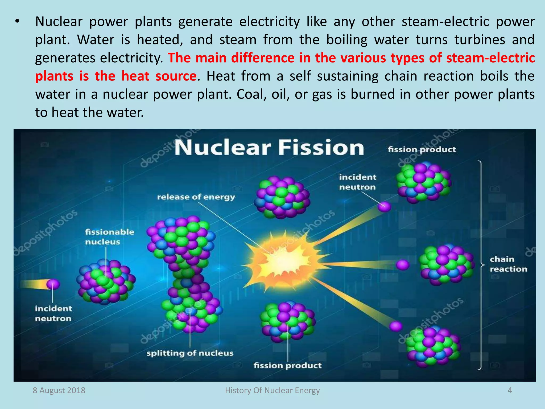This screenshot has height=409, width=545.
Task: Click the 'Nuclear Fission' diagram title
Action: tap(269, 148)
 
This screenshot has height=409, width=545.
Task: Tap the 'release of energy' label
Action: tap(196, 197)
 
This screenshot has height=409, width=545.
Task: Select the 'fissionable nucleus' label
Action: tap(109, 237)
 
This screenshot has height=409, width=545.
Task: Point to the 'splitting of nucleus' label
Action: tap(190, 353)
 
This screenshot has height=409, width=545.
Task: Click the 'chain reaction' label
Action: tap(508, 264)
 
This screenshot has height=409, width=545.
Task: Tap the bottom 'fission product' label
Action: tap(287, 365)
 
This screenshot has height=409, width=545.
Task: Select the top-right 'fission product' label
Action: tap(422, 149)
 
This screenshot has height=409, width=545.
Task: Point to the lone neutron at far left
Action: tap(53, 284)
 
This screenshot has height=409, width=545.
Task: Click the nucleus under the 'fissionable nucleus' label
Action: tap(106, 282)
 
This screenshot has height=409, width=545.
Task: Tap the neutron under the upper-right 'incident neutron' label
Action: tap(384, 206)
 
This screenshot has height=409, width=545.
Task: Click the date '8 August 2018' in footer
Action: tap(59, 390)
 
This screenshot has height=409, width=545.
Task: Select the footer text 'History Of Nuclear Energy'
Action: tap(272, 390)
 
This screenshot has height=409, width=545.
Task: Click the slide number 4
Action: tap(510, 390)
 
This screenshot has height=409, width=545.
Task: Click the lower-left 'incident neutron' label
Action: tap(53, 313)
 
